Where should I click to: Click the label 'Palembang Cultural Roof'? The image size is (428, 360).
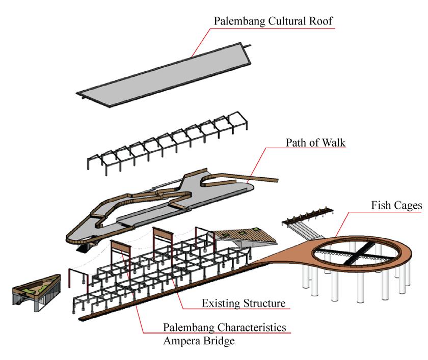coord(274,22)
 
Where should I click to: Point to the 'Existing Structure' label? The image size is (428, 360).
coord(243,304)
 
